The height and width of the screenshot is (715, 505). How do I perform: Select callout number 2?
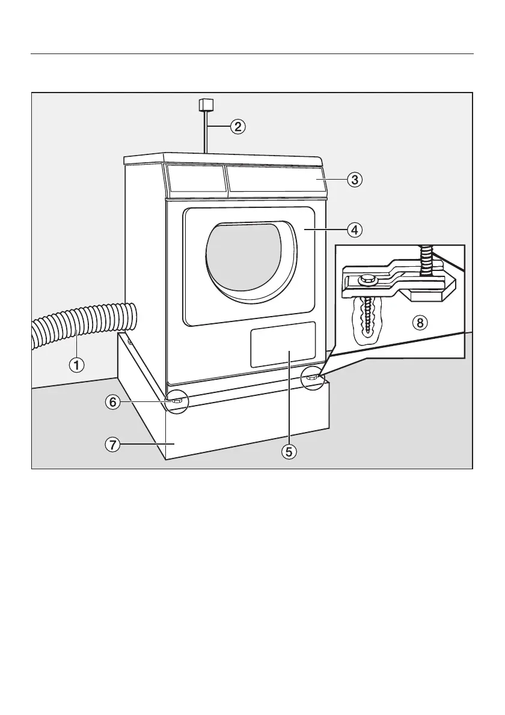(238, 127)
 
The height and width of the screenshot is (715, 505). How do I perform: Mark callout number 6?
(112, 403)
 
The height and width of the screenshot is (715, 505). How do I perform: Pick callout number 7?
(112, 445)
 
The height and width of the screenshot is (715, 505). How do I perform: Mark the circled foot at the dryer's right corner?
(313, 377)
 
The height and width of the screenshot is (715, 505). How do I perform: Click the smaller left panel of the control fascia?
(194, 179)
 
